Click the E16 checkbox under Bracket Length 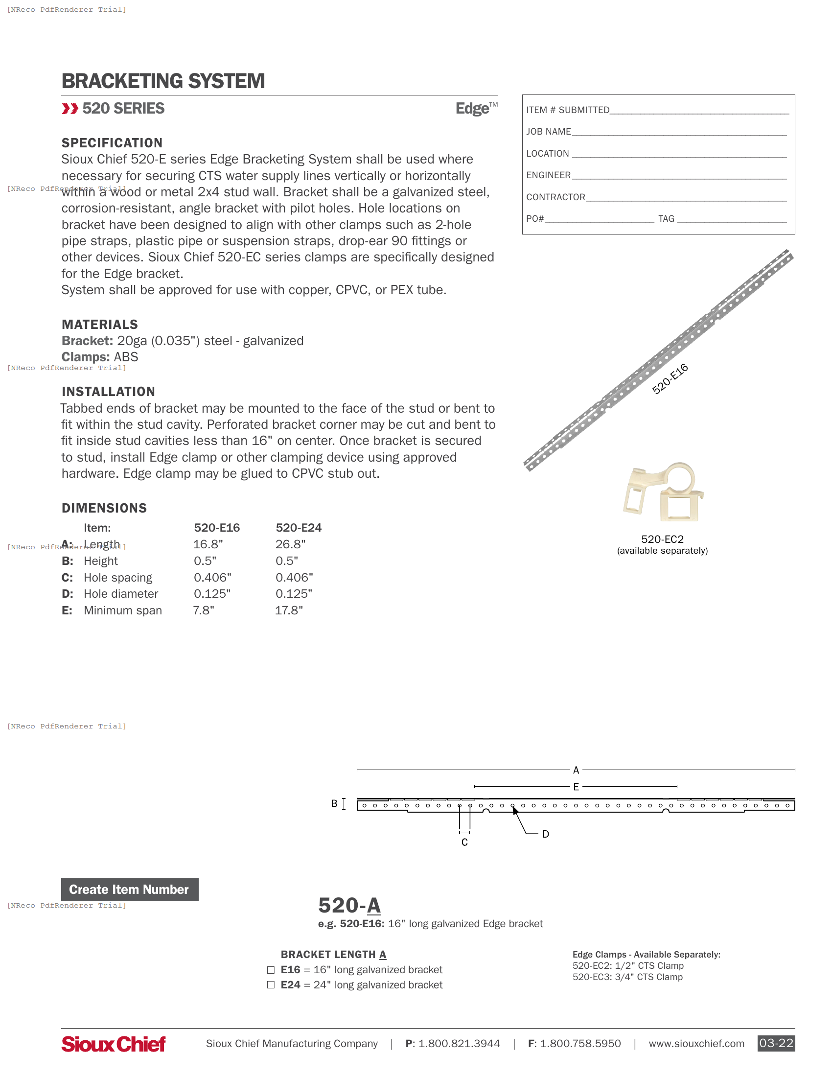click(x=271, y=970)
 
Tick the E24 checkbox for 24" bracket click(x=271, y=985)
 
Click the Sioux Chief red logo click(x=114, y=1044)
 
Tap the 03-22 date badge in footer click(x=776, y=1043)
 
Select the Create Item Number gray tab click(x=130, y=889)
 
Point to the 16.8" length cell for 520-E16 click(x=208, y=544)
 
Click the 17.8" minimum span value click(x=289, y=610)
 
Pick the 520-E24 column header click(x=298, y=528)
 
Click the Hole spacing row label click(x=118, y=578)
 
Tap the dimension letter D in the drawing click(x=546, y=834)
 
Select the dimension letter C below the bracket click(x=464, y=843)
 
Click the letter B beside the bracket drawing click(x=334, y=803)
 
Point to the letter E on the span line click(x=576, y=787)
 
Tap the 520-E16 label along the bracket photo click(x=670, y=378)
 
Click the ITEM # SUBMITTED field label click(x=568, y=110)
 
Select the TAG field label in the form click(x=666, y=218)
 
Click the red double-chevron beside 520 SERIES click(x=70, y=109)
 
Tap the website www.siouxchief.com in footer click(x=696, y=1044)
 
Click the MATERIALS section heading click(x=99, y=325)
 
